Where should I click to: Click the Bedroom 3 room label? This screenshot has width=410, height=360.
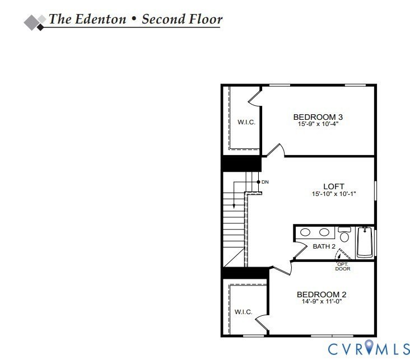pyautogui.click(x=318, y=117)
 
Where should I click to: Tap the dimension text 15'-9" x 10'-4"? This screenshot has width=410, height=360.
pyautogui.click(x=318, y=124)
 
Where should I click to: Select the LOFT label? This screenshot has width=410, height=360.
pyautogui.click(x=334, y=186)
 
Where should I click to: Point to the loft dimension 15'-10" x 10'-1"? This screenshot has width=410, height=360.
pyautogui.click(x=334, y=194)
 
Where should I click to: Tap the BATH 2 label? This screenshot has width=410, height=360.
pyautogui.click(x=324, y=246)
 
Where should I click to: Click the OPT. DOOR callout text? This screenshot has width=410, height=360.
pyautogui.click(x=342, y=266)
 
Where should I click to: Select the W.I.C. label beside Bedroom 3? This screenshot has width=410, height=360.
pyautogui.click(x=246, y=123)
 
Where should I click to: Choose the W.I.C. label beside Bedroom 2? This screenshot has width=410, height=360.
pyautogui.click(x=243, y=312)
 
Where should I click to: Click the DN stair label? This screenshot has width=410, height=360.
pyautogui.click(x=265, y=183)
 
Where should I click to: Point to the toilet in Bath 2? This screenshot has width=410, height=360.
pyautogui.click(x=344, y=235)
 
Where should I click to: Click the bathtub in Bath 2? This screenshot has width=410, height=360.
pyautogui.click(x=365, y=242)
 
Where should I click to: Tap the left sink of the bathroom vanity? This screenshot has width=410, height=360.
pyautogui.click(x=306, y=232)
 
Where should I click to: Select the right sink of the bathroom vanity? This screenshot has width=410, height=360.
pyautogui.click(x=324, y=232)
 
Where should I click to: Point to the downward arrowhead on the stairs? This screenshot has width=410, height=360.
pyautogui.click(x=234, y=207)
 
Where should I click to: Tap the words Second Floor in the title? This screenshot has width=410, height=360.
pyautogui.click(x=182, y=19)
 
